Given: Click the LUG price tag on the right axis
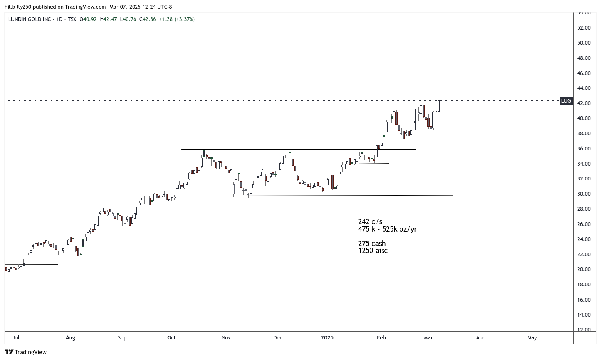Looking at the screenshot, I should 566,101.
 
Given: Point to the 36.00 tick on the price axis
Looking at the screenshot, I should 584,149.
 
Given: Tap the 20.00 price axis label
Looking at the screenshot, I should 584,269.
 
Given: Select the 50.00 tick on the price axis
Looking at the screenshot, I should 584,43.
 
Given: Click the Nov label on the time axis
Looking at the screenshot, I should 226,338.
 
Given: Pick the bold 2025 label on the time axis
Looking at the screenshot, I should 327,338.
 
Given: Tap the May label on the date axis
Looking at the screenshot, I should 532,338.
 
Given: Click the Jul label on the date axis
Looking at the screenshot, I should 16,338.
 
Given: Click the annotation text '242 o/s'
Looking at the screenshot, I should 370,222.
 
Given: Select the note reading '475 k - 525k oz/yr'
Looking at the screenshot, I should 387,229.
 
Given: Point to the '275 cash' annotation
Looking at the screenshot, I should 372,244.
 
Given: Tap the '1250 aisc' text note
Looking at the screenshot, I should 372,251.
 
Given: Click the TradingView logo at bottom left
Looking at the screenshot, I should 25,352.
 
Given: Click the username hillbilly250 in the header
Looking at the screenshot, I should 18,7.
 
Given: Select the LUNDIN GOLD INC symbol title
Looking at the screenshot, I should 30,19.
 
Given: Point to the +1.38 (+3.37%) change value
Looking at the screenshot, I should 177,19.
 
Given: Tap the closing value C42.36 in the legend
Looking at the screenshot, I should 148,19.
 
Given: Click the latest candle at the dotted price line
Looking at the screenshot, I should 439,106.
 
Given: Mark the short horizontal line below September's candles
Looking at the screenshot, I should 128,226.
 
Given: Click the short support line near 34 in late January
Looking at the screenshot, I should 374,164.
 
